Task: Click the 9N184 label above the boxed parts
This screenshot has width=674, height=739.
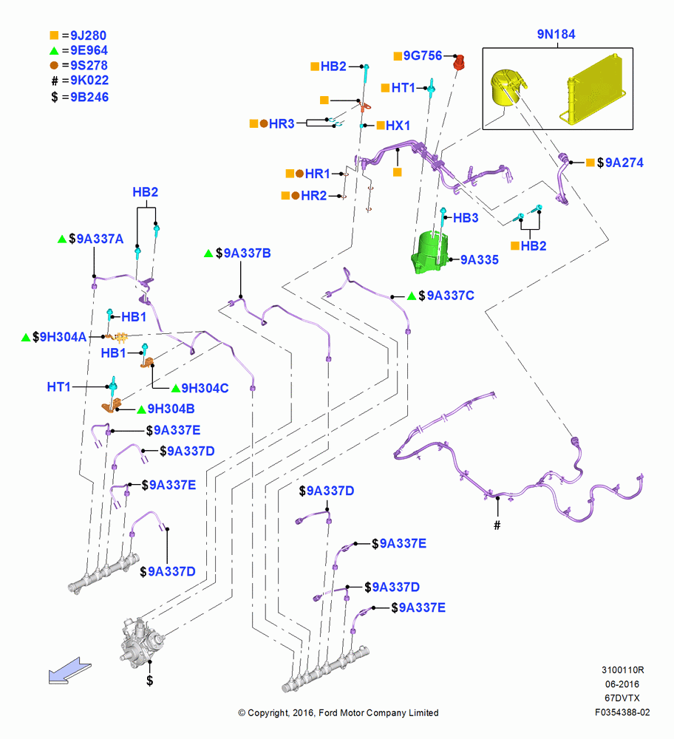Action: [x=556, y=35]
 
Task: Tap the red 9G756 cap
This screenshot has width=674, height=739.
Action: [x=459, y=62]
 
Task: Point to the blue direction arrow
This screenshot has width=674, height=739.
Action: [x=69, y=670]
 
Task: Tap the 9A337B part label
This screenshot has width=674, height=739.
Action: [x=247, y=253]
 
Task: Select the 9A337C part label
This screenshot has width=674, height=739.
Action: [x=451, y=296]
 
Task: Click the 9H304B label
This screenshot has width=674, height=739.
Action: [x=171, y=409]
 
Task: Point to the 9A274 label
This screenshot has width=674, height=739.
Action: [x=624, y=163]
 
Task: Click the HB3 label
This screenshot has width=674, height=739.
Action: [x=466, y=218]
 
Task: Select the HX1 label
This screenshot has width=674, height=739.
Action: [x=398, y=126]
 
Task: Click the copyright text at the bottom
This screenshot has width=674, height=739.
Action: [x=338, y=712]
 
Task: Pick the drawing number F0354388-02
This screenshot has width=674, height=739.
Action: [x=622, y=712]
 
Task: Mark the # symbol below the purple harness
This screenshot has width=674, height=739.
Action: [x=497, y=525]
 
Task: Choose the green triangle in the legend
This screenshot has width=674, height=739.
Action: [x=54, y=50]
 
